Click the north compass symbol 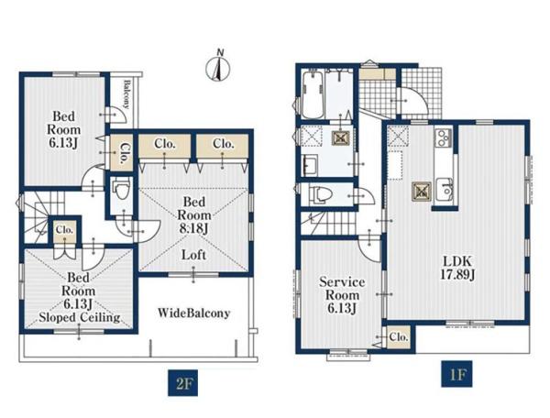coord(217,66)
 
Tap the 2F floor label coord(182,383)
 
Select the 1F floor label coord(456,374)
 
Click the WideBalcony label coord(194,313)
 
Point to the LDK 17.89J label coord(457,268)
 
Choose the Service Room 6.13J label coord(342,295)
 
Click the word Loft coord(193,255)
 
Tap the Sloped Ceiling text coord(80,317)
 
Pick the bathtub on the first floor coord(313,94)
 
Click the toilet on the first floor coord(320,194)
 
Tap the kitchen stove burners coord(444,137)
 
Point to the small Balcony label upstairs coord(126,94)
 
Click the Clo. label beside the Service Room coord(399,337)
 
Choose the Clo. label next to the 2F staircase coord(64,230)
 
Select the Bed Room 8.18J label coord(194,215)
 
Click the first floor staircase coord(328,223)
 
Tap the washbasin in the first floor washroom coord(310,165)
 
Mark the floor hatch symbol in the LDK coord(422,192)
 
